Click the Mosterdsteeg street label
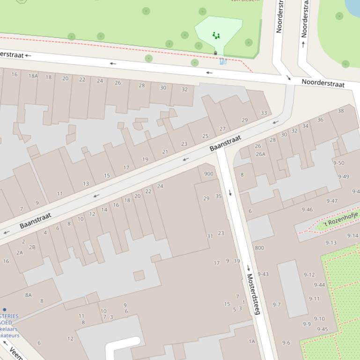(x=253, y=294)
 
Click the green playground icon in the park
(x=216, y=35)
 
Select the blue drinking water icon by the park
(x=223, y=61)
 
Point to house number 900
(x=208, y=174)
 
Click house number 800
(x=259, y=248)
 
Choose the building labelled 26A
(x=260, y=154)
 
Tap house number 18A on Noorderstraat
(x=33, y=76)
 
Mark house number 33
(x=264, y=113)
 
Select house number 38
(x=340, y=111)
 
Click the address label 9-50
(x=338, y=163)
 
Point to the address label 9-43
(x=263, y=274)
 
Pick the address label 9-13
(x=331, y=243)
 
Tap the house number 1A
(x=252, y=341)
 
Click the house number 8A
(x=29, y=295)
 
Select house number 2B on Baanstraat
(x=32, y=247)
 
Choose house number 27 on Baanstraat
(x=222, y=129)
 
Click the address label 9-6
(x=286, y=343)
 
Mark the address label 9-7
(x=276, y=305)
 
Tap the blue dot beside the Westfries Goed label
(x=5, y=310)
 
